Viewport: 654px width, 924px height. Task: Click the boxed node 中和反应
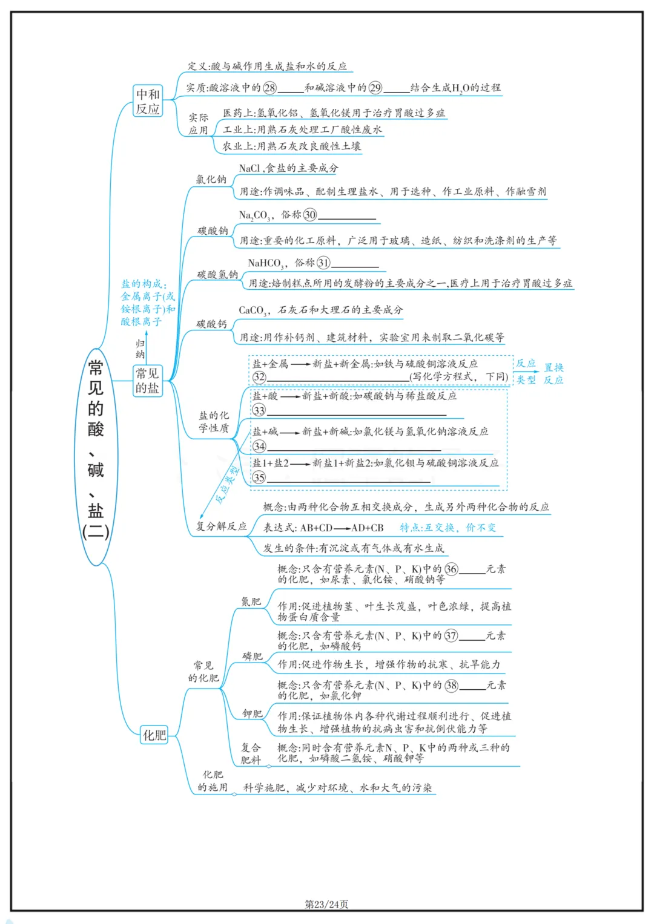148,101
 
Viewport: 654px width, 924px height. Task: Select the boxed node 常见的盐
147,381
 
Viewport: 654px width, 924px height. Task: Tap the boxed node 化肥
154,735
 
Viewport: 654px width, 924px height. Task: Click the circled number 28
269,88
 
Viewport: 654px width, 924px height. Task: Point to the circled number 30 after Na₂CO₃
310,215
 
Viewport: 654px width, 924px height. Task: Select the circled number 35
259,477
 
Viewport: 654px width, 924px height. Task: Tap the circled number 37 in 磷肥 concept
451,636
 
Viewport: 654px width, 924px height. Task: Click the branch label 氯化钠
211,179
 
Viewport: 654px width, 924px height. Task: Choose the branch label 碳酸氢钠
217,275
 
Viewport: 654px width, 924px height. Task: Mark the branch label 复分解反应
221,526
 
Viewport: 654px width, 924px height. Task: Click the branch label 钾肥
252,714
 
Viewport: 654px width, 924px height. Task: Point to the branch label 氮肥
251,601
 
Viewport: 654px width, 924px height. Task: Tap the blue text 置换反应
553,373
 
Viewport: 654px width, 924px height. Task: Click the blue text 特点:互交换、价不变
448,528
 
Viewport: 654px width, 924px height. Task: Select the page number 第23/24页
326,904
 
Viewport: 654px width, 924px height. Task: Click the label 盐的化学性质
214,422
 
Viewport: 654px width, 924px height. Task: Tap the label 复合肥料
251,753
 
